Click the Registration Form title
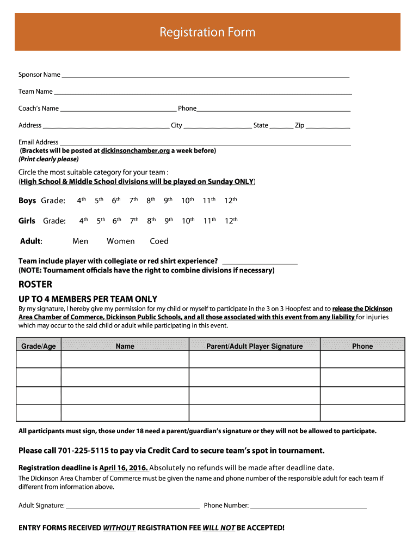(x=207, y=33)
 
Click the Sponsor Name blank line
(x=205, y=75)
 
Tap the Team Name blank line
(x=202, y=92)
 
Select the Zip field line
(x=328, y=126)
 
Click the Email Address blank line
(x=205, y=143)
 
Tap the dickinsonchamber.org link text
(x=135, y=150)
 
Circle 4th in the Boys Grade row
(x=82, y=201)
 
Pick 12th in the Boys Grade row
(x=231, y=201)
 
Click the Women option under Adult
(x=121, y=241)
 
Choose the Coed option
(x=159, y=241)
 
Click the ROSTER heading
(x=35, y=284)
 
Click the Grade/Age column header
(x=39, y=346)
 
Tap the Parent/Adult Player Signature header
(x=255, y=346)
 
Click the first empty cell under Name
(x=125, y=359)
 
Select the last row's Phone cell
(x=362, y=413)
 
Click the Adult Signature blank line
(x=132, y=506)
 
